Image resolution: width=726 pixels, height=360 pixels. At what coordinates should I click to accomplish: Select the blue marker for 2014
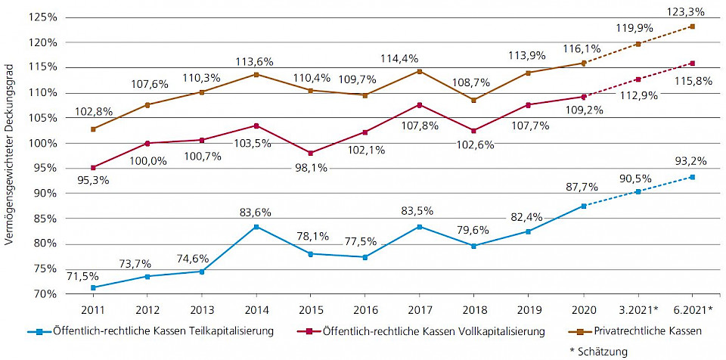(256, 227)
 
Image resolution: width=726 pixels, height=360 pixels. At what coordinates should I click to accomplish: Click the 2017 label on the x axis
(420, 309)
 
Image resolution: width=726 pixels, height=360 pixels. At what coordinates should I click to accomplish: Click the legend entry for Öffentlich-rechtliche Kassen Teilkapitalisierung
(149, 331)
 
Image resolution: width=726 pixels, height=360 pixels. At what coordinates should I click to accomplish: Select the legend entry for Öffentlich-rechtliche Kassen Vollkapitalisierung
(427, 331)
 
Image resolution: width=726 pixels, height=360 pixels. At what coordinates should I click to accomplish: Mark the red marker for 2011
(93, 168)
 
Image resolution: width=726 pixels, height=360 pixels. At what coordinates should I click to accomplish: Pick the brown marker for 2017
(420, 71)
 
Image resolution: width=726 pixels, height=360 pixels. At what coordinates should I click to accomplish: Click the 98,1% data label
(311, 168)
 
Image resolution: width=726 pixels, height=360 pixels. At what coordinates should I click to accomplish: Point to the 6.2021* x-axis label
(692, 309)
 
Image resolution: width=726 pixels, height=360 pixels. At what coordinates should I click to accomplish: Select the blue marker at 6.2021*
(692, 177)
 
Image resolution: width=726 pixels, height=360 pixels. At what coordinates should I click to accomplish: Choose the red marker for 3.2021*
(638, 79)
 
